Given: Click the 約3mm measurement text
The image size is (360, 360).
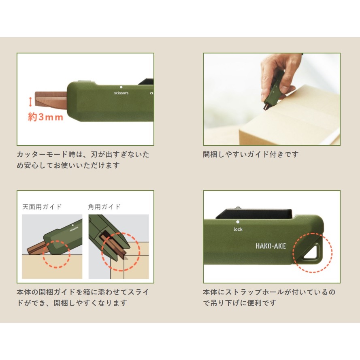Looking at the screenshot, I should pyautogui.click(x=46, y=117).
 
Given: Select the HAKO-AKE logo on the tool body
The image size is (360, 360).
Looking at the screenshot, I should pyautogui.click(x=271, y=246).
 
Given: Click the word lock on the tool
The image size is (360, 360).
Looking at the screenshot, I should pyautogui.click(x=238, y=230).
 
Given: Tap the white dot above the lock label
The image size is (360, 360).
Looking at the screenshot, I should pyautogui.click(x=238, y=222).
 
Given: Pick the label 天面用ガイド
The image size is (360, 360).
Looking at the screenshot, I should pyautogui.click(x=42, y=207).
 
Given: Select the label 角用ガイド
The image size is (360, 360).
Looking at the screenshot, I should pyautogui.click(x=104, y=207).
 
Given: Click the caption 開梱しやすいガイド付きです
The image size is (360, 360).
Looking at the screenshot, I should pyautogui.click(x=251, y=154).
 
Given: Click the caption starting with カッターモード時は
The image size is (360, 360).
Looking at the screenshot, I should pyautogui.click(x=83, y=160).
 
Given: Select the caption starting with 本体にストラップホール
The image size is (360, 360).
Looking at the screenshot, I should pyautogui.click(x=269, y=297).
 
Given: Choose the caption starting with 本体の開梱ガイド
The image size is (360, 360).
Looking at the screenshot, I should pyautogui.click(x=83, y=297).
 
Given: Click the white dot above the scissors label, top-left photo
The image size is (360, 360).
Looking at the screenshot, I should pyautogui.click(x=121, y=87).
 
